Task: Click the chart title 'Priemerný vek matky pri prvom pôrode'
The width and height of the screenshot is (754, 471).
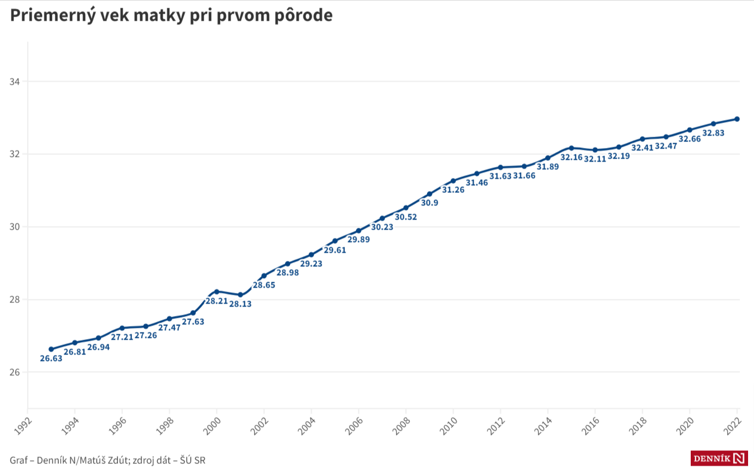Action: click(x=171, y=15)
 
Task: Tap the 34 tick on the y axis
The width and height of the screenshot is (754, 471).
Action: click(x=15, y=82)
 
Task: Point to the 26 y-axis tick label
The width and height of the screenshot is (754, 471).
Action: click(x=15, y=373)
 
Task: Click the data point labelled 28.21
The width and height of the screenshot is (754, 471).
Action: click(x=216, y=291)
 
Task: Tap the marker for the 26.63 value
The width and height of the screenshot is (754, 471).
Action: click(x=51, y=349)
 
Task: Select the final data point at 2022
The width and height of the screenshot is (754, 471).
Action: click(x=737, y=119)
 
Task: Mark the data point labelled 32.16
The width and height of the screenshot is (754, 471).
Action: click(x=571, y=148)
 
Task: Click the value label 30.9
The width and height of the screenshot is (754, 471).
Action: click(x=429, y=203)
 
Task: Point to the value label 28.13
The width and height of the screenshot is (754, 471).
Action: click(x=240, y=304)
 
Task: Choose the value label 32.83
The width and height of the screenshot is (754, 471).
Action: click(x=713, y=133)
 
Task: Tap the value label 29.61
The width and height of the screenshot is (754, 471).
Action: click(x=335, y=250)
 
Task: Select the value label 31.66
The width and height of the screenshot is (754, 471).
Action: click(x=524, y=176)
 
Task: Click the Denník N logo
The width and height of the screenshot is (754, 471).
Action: click(x=719, y=458)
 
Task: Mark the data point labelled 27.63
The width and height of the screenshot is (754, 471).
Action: click(x=193, y=313)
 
